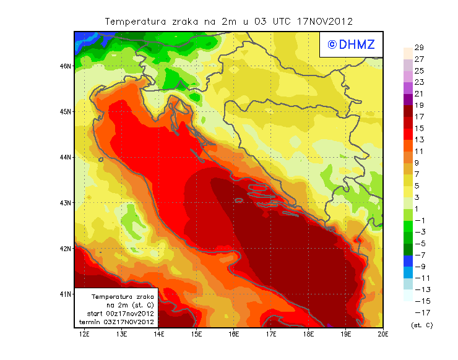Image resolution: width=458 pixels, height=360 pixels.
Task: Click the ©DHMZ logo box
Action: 348,44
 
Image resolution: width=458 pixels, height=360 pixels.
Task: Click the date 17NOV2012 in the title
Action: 324,21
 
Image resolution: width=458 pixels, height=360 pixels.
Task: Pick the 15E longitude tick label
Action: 197,335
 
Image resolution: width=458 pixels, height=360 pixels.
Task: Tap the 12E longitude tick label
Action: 84,335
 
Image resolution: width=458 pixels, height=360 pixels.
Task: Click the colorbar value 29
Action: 418,48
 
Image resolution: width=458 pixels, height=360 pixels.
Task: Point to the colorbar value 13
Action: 418,140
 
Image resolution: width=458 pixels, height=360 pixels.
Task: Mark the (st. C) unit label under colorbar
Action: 421,325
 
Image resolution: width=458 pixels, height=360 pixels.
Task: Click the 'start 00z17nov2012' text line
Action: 116,314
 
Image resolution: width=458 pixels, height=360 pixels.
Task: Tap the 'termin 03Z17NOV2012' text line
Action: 116,322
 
